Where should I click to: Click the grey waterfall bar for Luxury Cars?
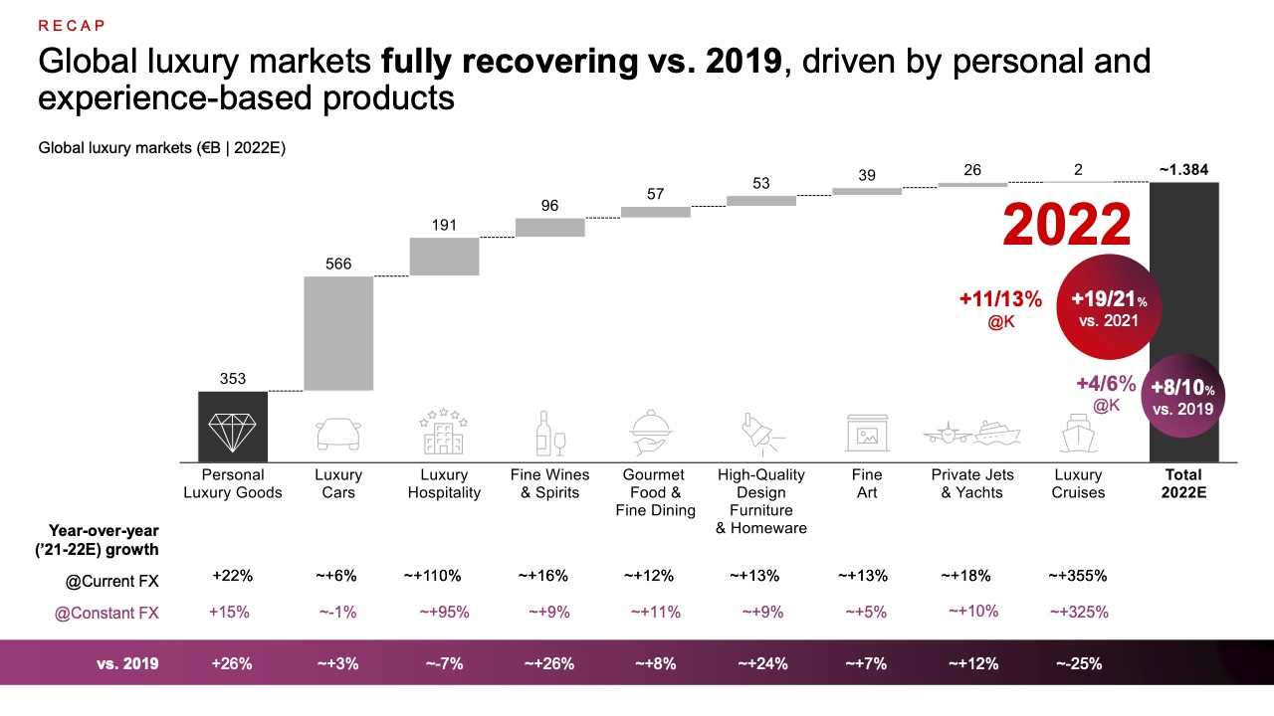(338, 333)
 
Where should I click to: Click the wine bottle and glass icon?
(549, 434)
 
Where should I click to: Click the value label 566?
(338, 265)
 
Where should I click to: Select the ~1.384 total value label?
(1183, 170)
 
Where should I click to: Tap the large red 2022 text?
(1067, 225)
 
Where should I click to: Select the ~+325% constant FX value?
(1078, 612)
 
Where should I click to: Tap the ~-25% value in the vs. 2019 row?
(1078, 663)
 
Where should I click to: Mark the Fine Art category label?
(867, 483)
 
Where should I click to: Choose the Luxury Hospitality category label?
(444, 483)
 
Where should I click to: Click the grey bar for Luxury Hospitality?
(444, 257)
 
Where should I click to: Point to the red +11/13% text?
(1000, 299)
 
